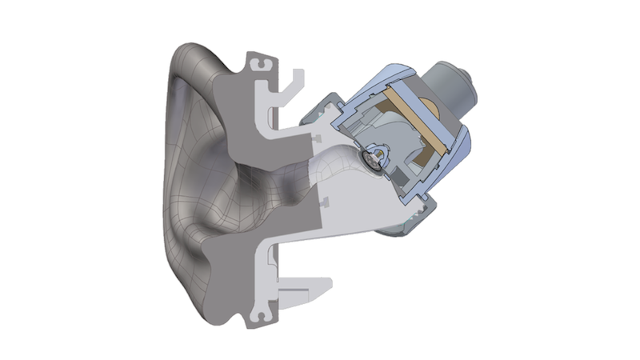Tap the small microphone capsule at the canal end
click(x=376, y=158)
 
